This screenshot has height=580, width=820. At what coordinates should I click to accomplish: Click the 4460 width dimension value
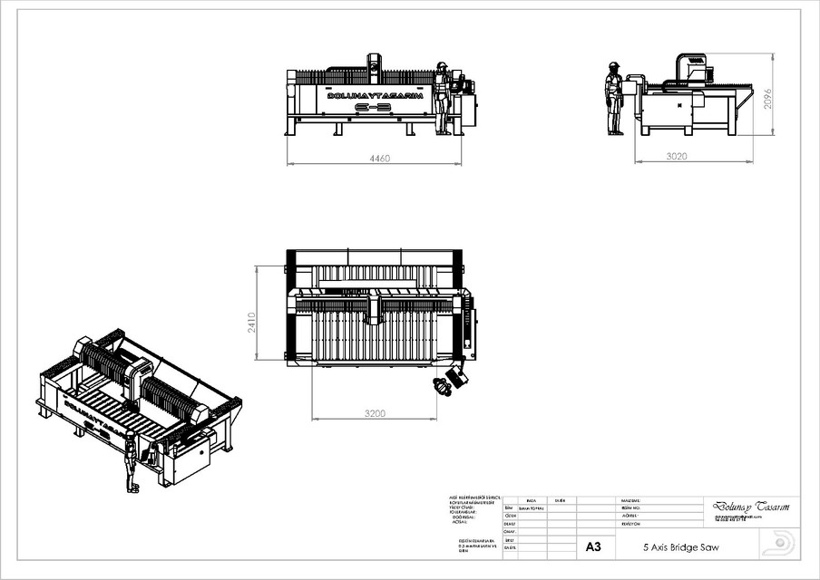(x=378, y=159)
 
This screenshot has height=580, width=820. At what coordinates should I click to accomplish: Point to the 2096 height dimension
(x=767, y=98)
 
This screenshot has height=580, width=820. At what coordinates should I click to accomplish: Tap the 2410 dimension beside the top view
(x=252, y=322)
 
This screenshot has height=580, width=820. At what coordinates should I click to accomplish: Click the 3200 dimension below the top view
(x=374, y=413)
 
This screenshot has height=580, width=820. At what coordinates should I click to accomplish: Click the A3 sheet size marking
(x=593, y=547)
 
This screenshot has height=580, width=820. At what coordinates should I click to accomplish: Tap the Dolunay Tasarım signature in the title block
(x=750, y=507)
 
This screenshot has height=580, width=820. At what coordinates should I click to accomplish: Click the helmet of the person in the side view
(x=614, y=65)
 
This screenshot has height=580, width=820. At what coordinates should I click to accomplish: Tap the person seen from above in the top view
(x=444, y=386)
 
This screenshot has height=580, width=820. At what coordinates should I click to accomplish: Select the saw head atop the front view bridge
(x=373, y=65)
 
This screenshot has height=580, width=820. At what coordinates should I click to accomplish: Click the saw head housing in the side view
(x=694, y=66)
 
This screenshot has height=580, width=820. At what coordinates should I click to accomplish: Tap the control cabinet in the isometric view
(x=190, y=458)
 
